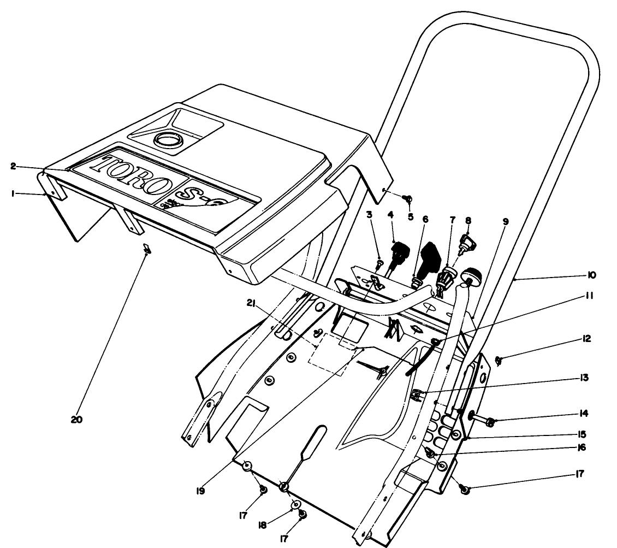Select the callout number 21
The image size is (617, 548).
[x=251, y=303]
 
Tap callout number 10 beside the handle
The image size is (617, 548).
[x=592, y=275]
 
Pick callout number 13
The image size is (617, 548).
[x=581, y=378]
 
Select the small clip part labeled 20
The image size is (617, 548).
[x=146, y=249]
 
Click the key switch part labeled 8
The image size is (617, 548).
[x=465, y=241]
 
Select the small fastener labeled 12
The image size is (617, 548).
[x=497, y=360]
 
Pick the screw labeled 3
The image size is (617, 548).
[x=379, y=264]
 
